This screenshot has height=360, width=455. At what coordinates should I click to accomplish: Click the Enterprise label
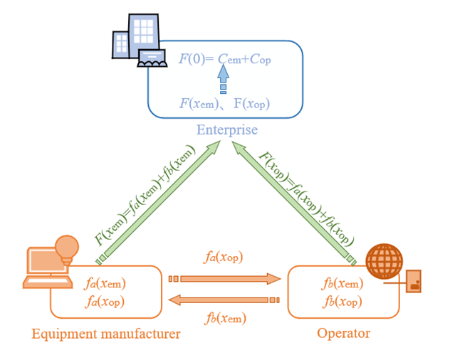click(x=227, y=130)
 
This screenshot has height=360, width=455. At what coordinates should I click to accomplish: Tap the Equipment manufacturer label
click(x=105, y=333)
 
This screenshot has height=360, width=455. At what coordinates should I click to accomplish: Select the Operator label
click(x=343, y=333)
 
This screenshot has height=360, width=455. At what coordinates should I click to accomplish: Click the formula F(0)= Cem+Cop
click(x=224, y=59)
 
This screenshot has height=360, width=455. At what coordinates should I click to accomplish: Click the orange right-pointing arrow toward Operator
click(x=228, y=278)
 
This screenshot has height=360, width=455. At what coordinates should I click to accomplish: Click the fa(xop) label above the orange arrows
click(x=224, y=258)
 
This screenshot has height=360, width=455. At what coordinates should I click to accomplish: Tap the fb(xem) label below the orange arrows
click(x=226, y=318)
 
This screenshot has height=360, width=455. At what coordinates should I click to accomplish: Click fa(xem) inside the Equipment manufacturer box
click(x=105, y=284)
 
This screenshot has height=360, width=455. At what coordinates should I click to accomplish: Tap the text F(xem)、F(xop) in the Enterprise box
click(x=224, y=104)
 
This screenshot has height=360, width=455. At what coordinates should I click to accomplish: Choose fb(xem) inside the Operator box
click(x=342, y=284)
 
